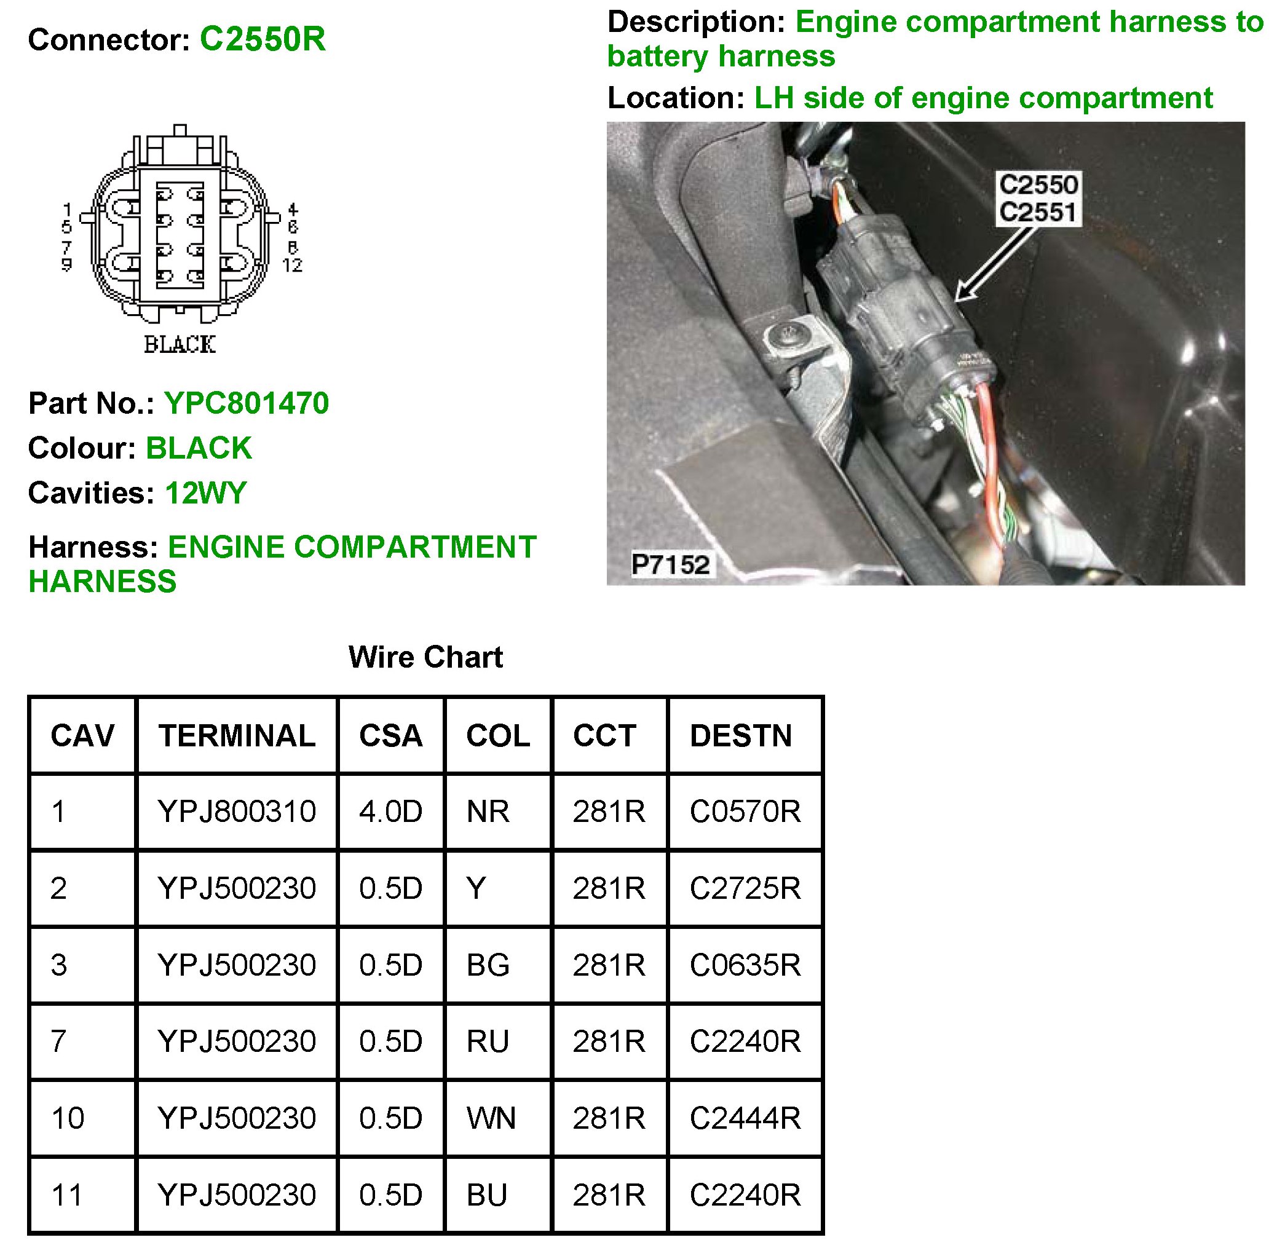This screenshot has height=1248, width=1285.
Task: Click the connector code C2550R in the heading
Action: tap(263, 39)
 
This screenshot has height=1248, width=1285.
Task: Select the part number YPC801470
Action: tap(247, 403)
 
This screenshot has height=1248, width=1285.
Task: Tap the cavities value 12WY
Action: tap(206, 493)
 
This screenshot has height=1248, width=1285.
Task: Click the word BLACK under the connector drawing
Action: tap(180, 345)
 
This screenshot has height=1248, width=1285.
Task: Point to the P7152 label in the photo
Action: tap(670, 564)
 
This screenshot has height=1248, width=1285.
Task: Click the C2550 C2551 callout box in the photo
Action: tap(1038, 199)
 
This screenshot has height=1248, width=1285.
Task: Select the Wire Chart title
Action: tap(425, 657)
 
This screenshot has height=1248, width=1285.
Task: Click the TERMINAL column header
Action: tap(237, 735)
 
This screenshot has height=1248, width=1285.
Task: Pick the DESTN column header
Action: tap(741, 735)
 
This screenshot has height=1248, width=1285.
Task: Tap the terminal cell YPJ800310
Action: tap(237, 812)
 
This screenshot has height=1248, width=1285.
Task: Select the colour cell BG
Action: tap(488, 965)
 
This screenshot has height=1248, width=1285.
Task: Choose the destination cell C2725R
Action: tap(745, 888)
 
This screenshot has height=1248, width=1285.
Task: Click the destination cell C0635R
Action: tap(745, 965)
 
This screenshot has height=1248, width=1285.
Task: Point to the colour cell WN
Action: tap(491, 1118)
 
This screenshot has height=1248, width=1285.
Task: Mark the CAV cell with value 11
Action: tap(67, 1195)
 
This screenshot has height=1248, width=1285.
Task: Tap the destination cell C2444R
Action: tap(745, 1118)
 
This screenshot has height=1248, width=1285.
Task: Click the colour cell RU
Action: tap(488, 1041)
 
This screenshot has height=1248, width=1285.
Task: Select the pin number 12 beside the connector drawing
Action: tap(293, 265)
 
